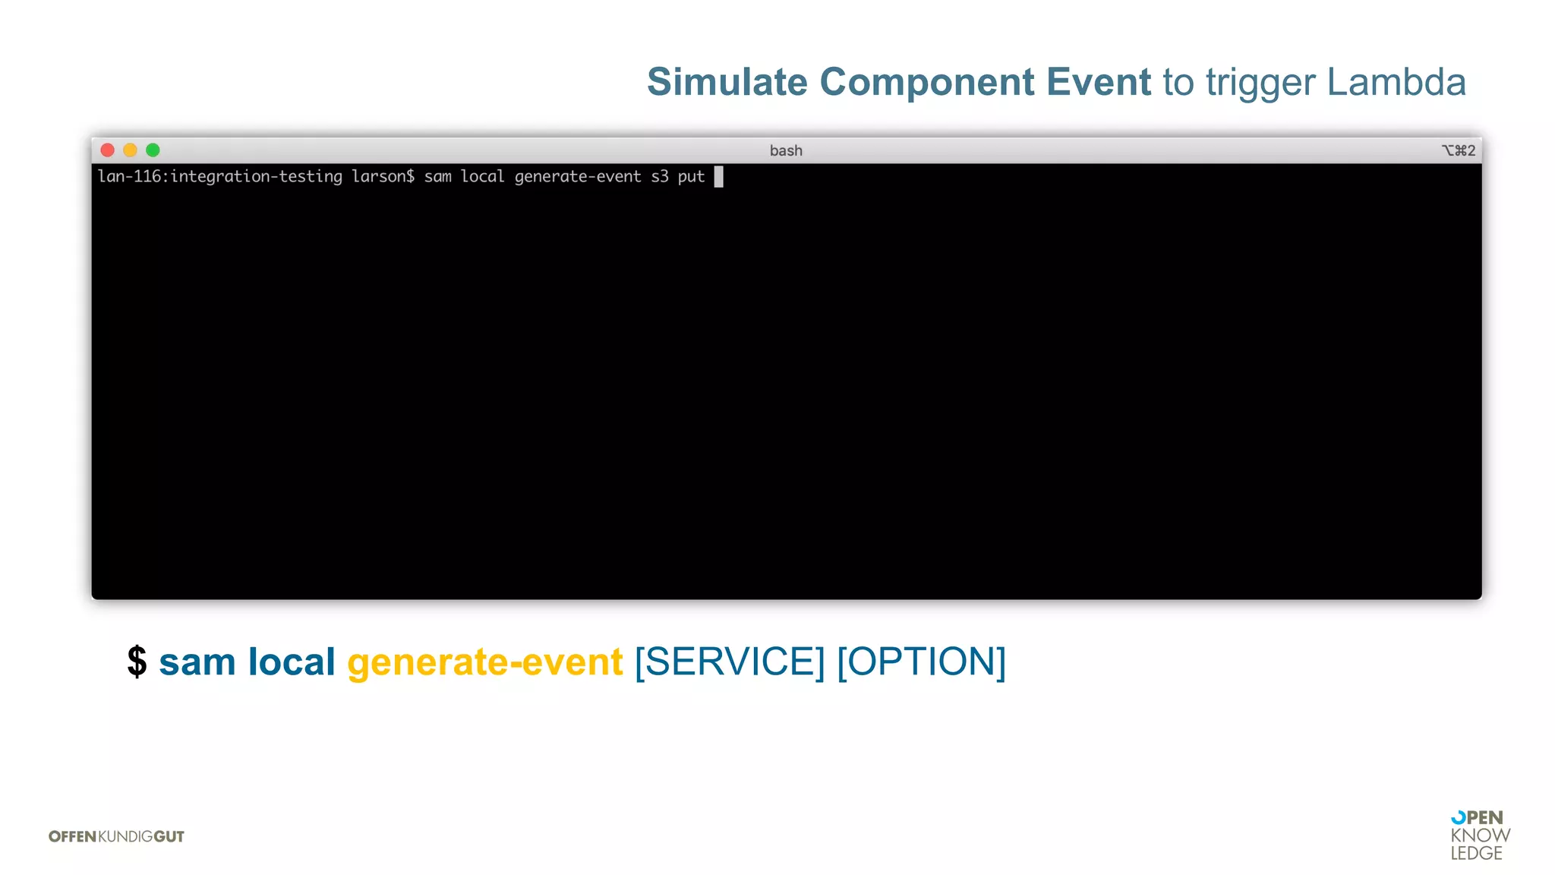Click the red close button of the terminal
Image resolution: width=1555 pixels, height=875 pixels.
pyautogui.click(x=108, y=150)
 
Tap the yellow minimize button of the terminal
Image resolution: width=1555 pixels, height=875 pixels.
pyautogui.click(x=131, y=150)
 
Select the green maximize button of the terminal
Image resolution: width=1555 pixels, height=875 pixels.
pyautogui.click(x=153, y=150)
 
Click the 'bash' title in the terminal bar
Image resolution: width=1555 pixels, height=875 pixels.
pyautogui.click(x=786, y=150)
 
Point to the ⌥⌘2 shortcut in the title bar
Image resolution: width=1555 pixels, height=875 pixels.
pyautogui.click(x=1459, y=150)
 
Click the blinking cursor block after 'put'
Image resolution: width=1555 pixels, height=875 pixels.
pyautogui.click(x=718, y=177)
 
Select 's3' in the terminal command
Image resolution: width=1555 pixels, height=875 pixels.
pyautogui.click(x=659, y=177)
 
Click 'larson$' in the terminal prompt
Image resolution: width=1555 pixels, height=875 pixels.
pyautogui.click(x=383, y=177)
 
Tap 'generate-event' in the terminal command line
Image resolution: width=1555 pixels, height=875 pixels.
pyautogui.click(x=578, y=177)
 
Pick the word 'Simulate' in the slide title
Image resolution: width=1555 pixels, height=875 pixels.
pyautogui.click(x=727, y=82)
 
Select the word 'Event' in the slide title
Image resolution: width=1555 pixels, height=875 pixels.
pyautogui.click(x=1098, y=82)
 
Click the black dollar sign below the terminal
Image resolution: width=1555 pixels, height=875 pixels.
pyautogui.click(x=137, y=662)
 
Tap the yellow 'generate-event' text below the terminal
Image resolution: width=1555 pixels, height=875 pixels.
pyautogui.click(x=485, y=662)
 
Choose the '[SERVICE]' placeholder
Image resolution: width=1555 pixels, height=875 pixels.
pyautogui.click(x=730, y=662)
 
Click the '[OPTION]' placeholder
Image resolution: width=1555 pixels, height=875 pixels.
pyautogui.click(x=921, y=662)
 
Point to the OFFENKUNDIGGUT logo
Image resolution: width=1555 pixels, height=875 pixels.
pyautogui.click(x=116, y=836)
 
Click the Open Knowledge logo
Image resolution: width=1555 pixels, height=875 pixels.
pyautogui.click(x=1479, y=836)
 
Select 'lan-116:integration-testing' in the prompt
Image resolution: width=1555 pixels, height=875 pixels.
pyautogui.click(x=220, y=177)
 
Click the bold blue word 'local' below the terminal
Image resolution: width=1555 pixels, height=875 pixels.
pyautogui.click(x=292, y=662)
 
